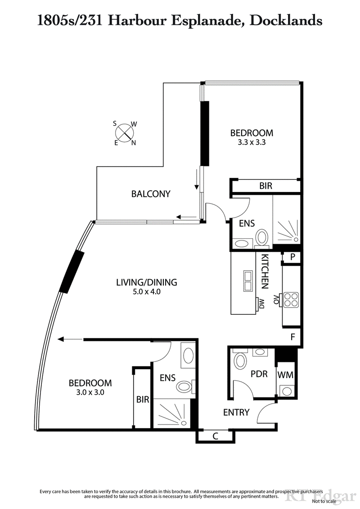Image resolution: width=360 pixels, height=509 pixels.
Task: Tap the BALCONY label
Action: tap(151, 194)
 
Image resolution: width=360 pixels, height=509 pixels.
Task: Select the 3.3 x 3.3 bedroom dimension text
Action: tap(252, 142)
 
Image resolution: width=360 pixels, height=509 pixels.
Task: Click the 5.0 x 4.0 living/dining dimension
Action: tap(146, 291)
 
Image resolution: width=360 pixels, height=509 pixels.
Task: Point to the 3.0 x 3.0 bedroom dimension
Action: tap(90, 392)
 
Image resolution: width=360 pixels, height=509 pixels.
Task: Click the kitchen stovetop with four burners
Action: tap(291, 299)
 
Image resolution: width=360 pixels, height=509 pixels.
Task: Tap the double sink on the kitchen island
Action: tap(247, 281)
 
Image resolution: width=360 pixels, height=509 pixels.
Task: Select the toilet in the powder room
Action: tap(241, 361)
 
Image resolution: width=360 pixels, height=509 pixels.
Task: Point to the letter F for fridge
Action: tap(292, 336)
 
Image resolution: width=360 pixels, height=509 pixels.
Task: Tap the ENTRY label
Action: tap(236, 412)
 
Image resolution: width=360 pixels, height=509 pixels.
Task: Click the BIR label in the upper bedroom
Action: tap(265, 186)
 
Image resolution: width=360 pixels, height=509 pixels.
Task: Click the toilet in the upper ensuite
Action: tap(262, 237)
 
